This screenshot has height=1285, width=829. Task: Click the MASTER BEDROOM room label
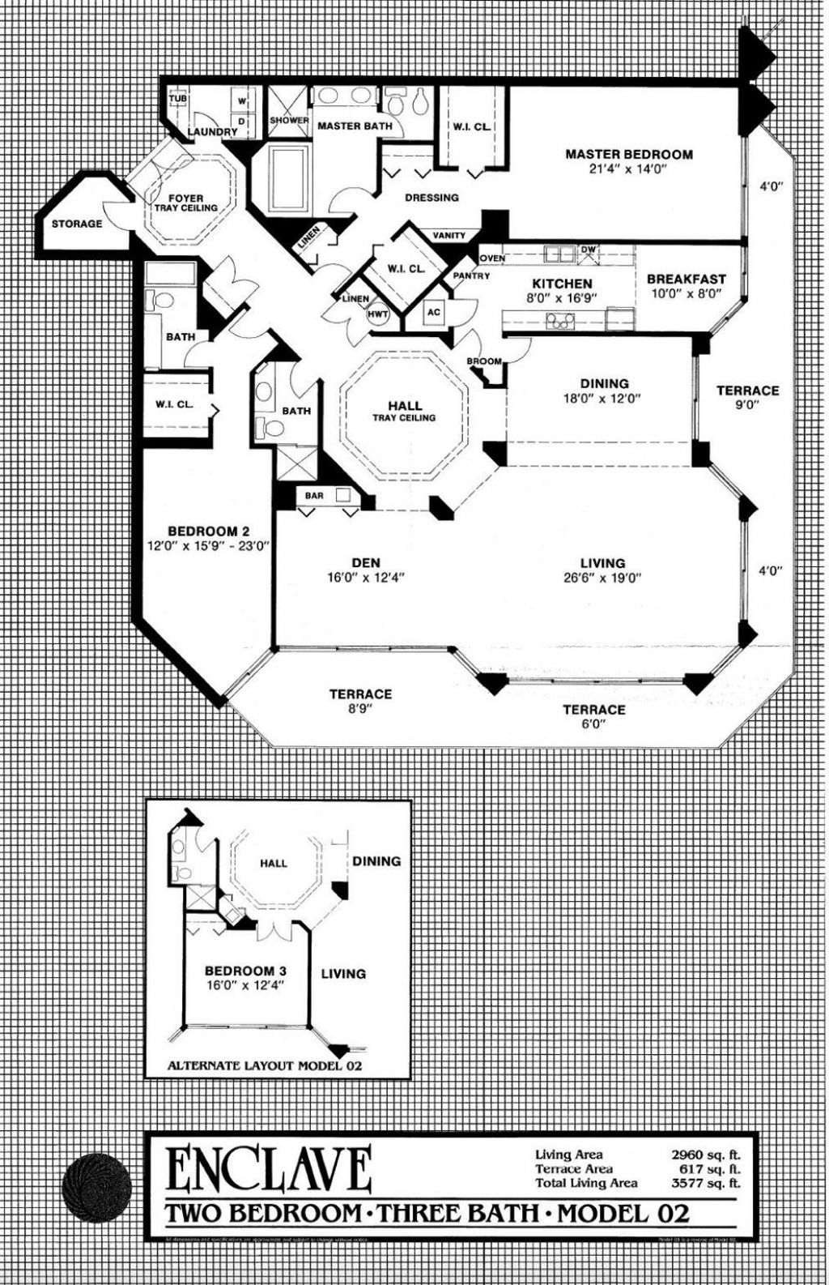628,154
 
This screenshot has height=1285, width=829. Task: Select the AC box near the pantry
434,313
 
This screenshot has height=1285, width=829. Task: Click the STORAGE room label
77,224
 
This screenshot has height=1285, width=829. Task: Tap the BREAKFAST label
686,280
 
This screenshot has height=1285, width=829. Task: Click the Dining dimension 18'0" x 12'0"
604,398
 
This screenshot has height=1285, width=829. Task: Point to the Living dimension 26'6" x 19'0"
602,578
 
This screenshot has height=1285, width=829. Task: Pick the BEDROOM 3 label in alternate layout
245,971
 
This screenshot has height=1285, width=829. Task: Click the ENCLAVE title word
268,1171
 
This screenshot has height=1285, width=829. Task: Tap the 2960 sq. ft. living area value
705,1155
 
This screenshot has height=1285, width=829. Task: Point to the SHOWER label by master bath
289,121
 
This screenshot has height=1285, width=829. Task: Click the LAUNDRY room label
212,132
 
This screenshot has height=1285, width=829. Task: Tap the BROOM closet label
483,361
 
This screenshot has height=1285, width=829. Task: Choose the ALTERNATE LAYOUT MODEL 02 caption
264,1065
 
